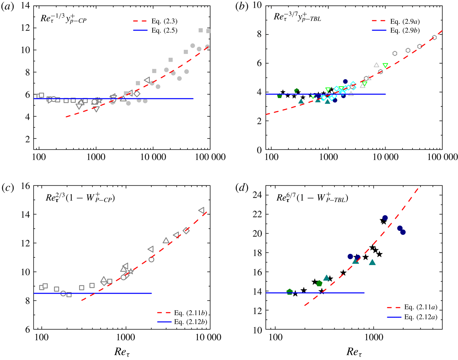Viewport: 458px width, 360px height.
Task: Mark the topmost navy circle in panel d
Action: click(385, 218)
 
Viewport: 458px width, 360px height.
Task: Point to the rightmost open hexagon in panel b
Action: click(434, 38)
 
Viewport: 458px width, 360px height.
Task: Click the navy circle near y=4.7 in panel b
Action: click(345, 82)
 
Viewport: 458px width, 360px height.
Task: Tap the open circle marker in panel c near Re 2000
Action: click(151, 259)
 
